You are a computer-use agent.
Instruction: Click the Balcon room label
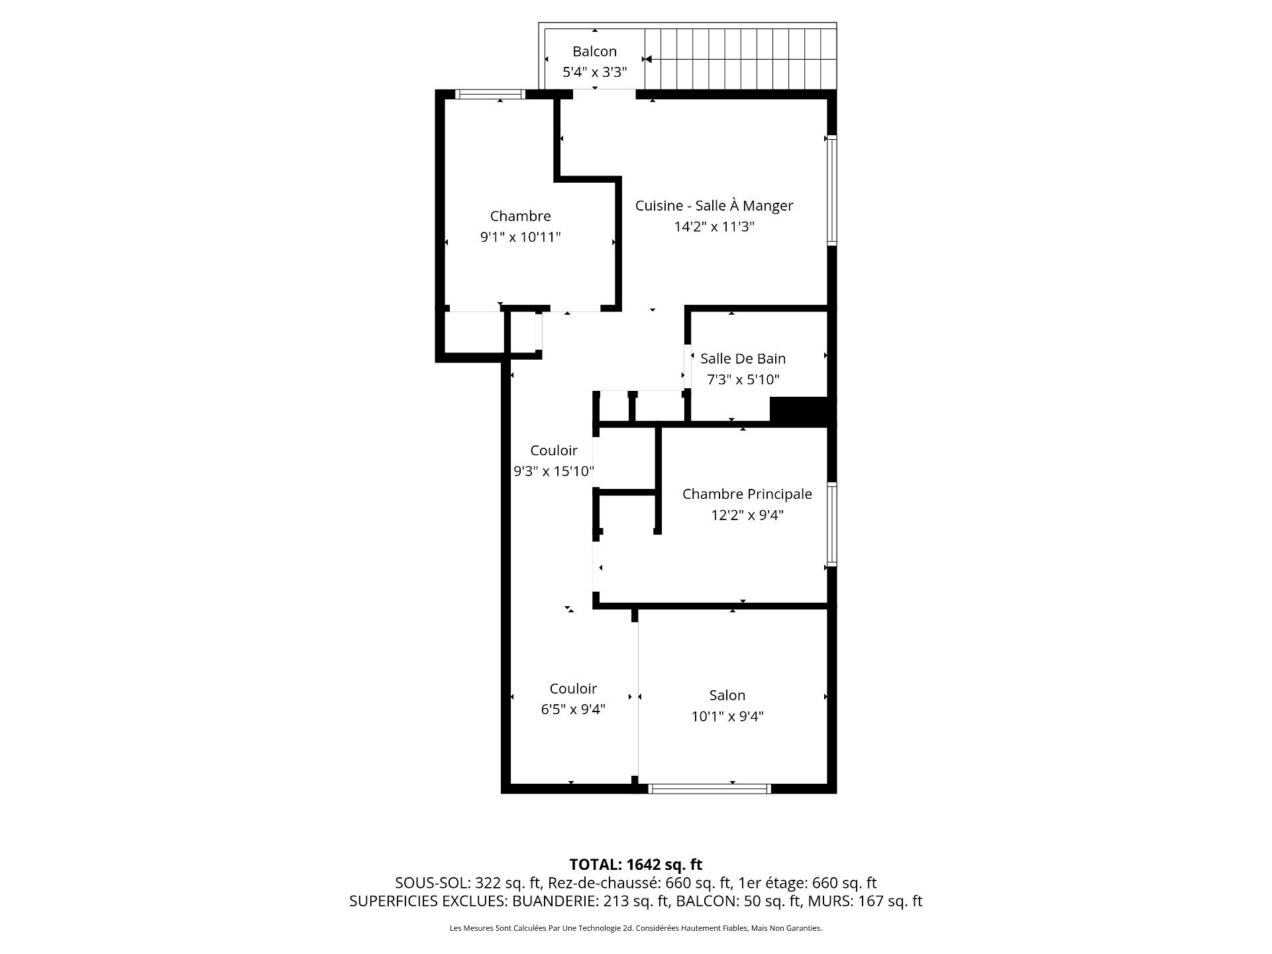(594, 52)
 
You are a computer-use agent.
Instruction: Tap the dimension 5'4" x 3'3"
(594, 72)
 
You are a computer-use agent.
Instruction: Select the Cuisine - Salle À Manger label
(714, 205)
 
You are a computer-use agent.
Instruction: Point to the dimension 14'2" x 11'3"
(714, 227)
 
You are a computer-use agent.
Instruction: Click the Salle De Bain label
(743, 358)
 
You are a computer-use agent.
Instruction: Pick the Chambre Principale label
(747, 494)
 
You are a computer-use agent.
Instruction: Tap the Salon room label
(727, 695)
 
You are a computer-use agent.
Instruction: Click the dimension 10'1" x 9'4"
(727, 716)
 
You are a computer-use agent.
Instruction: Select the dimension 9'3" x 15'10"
(553, 472)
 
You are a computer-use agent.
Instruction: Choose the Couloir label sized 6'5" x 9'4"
(573, 688)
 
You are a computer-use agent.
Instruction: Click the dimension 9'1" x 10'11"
(520, 237)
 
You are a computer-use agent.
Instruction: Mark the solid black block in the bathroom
(799, 410)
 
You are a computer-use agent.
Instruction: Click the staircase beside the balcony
(739, 58)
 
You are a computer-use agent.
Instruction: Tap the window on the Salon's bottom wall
(710, 788)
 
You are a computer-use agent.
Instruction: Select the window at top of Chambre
(490, 95)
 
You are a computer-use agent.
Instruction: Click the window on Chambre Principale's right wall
(832, 524)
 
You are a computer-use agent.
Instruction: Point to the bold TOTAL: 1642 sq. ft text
(635, 865)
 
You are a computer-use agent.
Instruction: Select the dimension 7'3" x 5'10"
(743, 380)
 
